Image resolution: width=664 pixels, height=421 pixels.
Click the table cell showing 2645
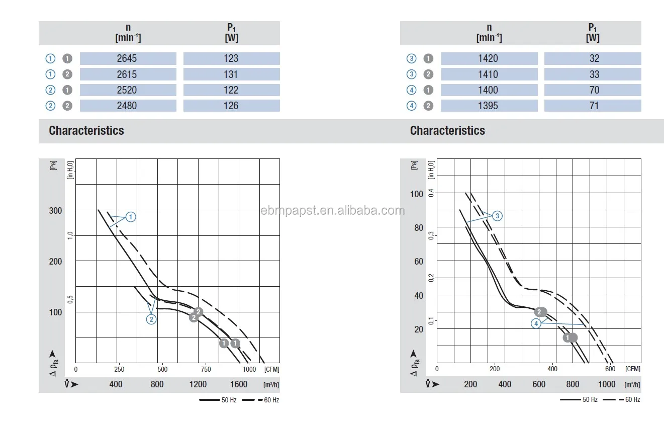point(127,58)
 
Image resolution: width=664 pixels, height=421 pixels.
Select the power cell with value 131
point(231,74)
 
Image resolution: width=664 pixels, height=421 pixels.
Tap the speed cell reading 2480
point(127,106)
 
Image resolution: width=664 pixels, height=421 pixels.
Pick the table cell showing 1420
point(488,58)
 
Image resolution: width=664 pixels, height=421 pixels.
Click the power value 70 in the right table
point(594,90)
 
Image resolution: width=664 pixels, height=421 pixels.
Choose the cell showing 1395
point(488,106)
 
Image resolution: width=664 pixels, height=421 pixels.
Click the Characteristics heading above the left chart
point(86,131)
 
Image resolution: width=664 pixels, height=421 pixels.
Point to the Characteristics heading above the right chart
point(447,131)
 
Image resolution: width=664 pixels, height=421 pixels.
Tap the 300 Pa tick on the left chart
point(55,210)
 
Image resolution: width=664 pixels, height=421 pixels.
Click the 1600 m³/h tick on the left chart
point(239,384)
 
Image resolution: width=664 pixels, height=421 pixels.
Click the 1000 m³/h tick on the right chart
point(607,384)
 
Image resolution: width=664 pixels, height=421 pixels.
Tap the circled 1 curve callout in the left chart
point(131,217)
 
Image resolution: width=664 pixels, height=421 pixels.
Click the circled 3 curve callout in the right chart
point(497,216)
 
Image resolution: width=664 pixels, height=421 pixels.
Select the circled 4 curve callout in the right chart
point(537,323)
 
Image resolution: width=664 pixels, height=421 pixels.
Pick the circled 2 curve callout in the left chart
point(151,319)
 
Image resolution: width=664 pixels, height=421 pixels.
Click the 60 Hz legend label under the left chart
point(271,400)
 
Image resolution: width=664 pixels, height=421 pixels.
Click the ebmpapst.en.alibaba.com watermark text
point(332,210)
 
